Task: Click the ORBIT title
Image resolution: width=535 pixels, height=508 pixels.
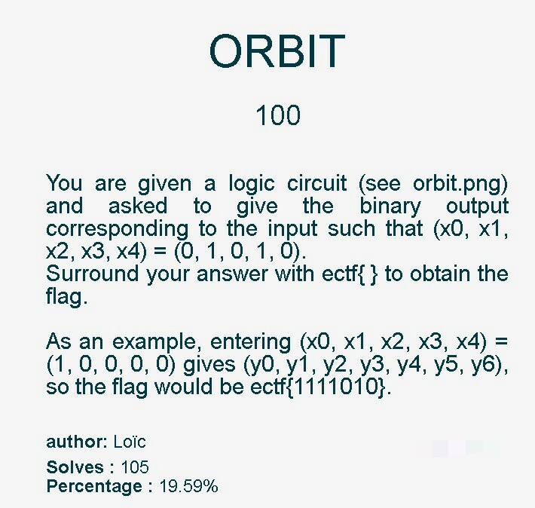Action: pyautogui.click(x=277, y=51)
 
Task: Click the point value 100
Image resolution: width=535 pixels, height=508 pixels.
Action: pyautogui.click(x=278, y=115)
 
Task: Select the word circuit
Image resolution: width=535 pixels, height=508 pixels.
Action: pyautogui.click(x=316, y=183)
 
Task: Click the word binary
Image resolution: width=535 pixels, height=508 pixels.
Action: pyautogui.click(x=390, y=207)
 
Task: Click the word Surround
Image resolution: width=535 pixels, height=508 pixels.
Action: pyautogui.click(x=92, y=274)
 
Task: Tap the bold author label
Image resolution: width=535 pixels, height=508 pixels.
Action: pyautogui.click(x=77, y=442)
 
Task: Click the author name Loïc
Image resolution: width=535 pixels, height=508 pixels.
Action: pyautogui.click(x=130, y=442)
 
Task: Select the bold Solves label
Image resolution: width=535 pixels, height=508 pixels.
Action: pyautogui.click(x=80, y=467)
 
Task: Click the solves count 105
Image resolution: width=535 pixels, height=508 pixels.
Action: pyautogui.click(x=135, y=467)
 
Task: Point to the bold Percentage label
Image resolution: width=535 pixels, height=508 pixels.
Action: pyautogui.click(x=99, y=486)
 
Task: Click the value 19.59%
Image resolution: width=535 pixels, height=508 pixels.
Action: pyautogui.click(x=188, y=486)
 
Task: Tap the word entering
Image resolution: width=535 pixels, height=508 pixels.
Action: pyautogui.click(x=250, y=342)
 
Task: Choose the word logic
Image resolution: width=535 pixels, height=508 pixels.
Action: pyautogui.click(x=252, y=184)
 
